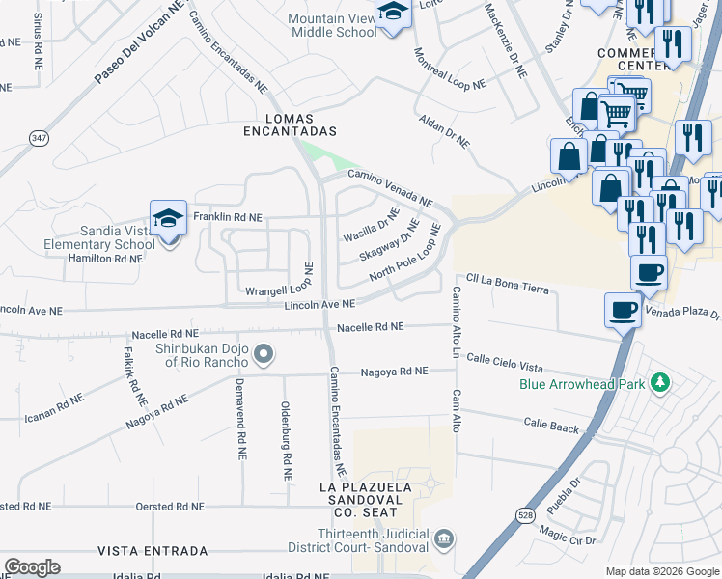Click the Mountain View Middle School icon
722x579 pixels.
coord(393,14)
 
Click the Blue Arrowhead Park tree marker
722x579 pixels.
coord(660,383)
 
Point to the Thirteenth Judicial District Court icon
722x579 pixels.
coord(443,538)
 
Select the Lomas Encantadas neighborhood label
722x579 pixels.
coord(290,130)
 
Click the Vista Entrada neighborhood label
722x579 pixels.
coord(153,551)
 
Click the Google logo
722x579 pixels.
coord(32,567)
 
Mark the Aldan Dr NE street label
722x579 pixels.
coord(444,130)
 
